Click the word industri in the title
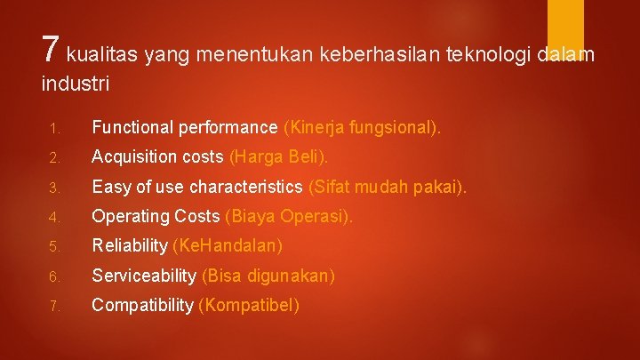75,85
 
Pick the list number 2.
53,158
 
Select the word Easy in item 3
109,188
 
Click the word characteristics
246,188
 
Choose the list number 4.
53,217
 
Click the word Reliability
130,246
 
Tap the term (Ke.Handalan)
227,246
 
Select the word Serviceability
144,276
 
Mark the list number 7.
53,306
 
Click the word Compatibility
142,305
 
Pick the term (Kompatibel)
249,305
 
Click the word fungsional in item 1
398,128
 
